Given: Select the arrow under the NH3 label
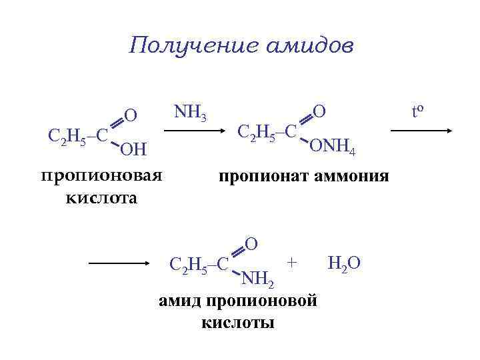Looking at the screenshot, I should pyautogui.click(x=195, y=131).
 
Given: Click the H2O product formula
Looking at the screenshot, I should pyautogui.click(x=344, y=263).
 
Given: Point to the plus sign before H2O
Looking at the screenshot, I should pyautogui.click(x=291, y=263).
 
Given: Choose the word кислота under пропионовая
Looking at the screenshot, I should pyautogui.click(x=101, y=198).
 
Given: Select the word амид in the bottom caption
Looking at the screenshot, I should pyautogui.click(x=181, y=301).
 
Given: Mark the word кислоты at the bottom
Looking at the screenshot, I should pyautogui.click(x=237, y=323).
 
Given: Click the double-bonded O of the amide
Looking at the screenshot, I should pyautogui.click(x=251, y=243).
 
